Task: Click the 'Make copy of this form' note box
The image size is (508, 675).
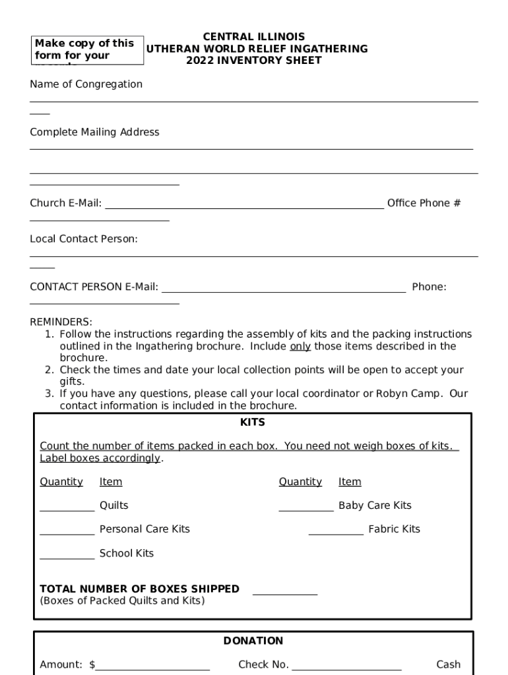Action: pos(88,50)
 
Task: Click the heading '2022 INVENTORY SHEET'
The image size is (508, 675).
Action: pos(253,61)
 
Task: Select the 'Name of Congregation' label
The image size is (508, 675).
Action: pos(86,84)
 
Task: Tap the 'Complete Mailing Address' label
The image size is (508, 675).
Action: pos(94,132)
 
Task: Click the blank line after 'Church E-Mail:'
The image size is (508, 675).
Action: pos(244,206)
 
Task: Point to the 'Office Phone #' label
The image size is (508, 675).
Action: pos(424,204)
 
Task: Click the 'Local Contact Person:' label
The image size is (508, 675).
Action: pos(84,239)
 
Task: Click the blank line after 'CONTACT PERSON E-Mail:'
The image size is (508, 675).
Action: pos(284,289)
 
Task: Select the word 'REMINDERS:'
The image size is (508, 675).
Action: pos(61,322)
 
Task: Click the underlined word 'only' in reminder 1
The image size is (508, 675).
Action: pos(300,347)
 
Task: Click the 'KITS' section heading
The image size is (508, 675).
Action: pos(253,423)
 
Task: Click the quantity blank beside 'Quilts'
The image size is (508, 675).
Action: pos(67,509)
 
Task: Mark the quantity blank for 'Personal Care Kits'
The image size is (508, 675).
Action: pos(67,533)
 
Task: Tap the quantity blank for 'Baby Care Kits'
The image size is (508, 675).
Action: pos(305,509)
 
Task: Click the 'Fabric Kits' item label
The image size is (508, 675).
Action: pos(394,529)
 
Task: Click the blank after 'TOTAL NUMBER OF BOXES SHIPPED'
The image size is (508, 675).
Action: pos(285,593)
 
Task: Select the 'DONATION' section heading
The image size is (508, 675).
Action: pos(253,641)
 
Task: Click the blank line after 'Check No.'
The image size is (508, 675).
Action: pos(346,668)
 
